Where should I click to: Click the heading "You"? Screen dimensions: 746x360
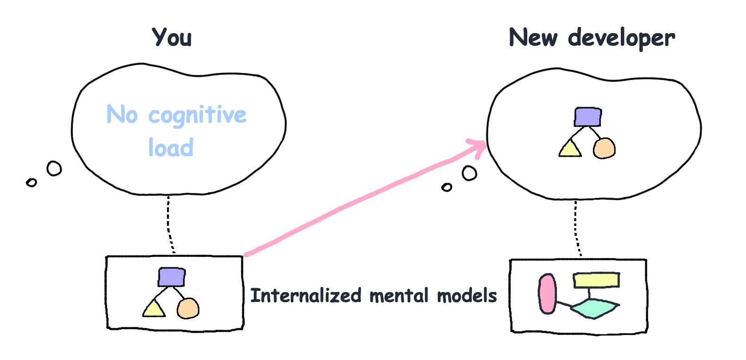click(x=172, y=37)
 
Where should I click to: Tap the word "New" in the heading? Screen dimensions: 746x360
click(x=533, y=37)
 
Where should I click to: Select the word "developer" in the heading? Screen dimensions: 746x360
click(x=621, y=39)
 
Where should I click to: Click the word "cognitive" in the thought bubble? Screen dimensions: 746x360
click(x=197, y=115)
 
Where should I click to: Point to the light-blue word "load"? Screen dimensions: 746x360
click(x=171, y=147)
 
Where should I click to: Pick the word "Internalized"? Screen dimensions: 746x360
click(x=306, y=295)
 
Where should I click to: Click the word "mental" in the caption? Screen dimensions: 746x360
click(x=399, y=295)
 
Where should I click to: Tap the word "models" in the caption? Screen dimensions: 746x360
click(x=467, y=295)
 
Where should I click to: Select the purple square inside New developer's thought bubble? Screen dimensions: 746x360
click(x=588, y=117)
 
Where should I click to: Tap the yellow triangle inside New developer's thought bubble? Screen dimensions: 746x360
click(x=570, y=148)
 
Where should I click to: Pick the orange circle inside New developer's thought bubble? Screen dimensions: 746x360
click(x=604, y=148)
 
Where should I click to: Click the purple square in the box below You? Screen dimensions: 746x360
click(x=171, y=277)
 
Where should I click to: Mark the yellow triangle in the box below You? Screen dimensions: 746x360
click(x=154, y=309)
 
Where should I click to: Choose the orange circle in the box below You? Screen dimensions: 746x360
click(x=188, y=309)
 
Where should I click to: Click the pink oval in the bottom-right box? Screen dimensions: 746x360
click(x=547, y=294)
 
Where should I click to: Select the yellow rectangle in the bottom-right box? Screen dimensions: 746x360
click(x=596, y=280)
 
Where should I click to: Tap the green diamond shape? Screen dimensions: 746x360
click(x=595, y=309)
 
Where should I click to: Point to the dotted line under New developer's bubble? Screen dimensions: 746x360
click(x=577, y=229)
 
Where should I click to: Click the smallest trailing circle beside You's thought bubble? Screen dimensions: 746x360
click(x=31, y=182)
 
